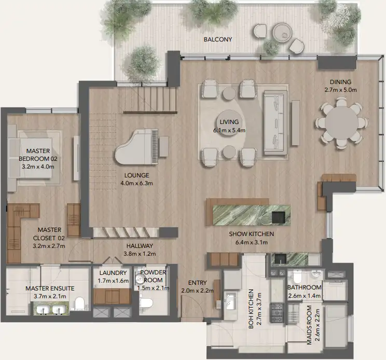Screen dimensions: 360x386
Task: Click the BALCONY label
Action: (x=217, y=39)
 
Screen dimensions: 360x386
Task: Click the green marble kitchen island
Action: (x=248, y=212)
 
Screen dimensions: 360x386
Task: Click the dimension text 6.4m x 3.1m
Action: (x=251, y=242)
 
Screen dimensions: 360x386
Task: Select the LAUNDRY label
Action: (x=113, y=273)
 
